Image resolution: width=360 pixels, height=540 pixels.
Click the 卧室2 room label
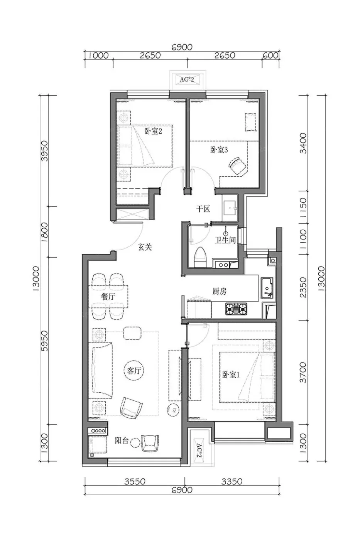153,132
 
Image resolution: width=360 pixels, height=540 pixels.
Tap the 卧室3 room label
219,150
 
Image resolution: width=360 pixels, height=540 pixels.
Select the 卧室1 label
231,375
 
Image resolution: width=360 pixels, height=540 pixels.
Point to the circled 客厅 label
134,371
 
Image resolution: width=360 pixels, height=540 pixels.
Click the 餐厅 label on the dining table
108,297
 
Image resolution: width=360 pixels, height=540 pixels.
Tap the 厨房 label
219,292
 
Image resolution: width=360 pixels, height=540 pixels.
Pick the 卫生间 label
225,240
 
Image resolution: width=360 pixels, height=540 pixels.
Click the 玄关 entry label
145,247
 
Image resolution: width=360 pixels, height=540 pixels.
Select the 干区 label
203,209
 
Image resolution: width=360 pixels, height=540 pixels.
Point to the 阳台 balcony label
121,441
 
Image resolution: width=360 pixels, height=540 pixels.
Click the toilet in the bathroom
200,257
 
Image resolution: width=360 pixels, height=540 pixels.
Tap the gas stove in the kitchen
236,309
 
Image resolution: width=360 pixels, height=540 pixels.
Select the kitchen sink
267,288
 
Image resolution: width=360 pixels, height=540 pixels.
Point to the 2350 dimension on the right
304,287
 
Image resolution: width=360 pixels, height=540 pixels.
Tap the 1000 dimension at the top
99,56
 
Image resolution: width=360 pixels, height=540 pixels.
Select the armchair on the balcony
149,443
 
